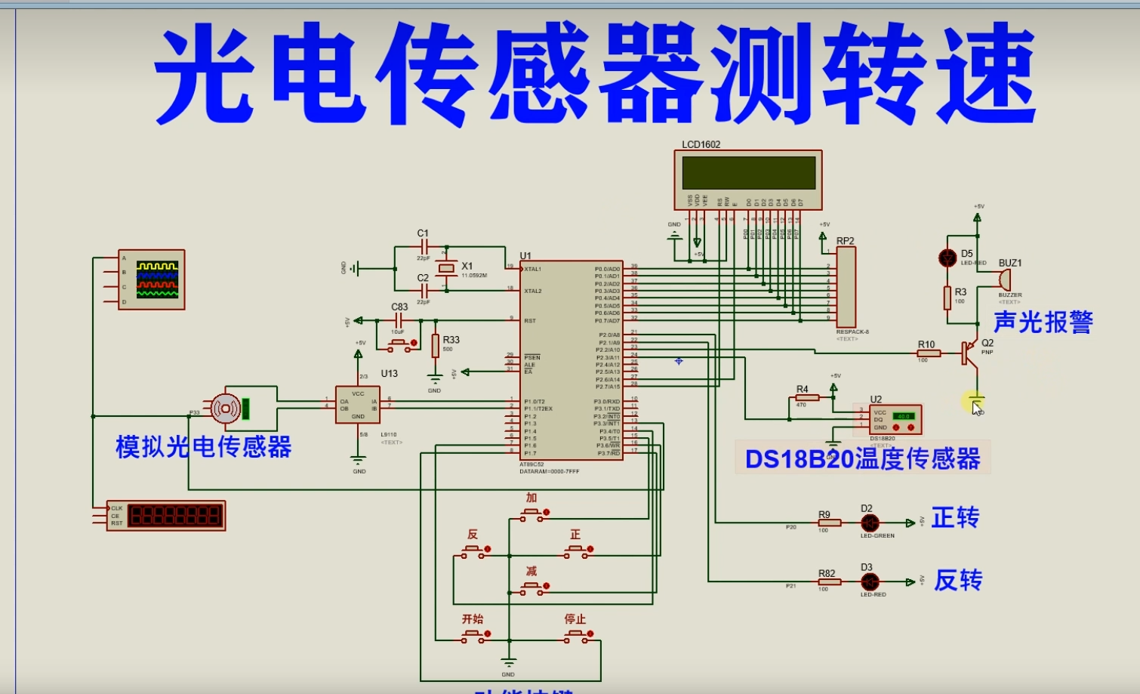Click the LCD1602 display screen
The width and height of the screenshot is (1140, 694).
[x=748, y=173]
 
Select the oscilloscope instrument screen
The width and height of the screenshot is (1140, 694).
[x=157, y=279]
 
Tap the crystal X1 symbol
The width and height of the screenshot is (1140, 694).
[x=447, y=268]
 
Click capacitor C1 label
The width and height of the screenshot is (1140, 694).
[x=423, y=233]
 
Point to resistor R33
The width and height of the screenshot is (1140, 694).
[x=436, y=346]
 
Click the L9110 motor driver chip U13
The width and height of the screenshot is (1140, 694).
[x=358, y=405]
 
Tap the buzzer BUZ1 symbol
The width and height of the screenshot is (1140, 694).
[x=1004, y=279]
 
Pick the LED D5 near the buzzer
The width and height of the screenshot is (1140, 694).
[x=947, y=258]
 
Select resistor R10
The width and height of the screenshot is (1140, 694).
[x=928, y=353]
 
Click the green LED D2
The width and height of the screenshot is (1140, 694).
[x=870, y=523]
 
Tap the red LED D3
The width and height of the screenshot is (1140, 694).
[x=870, y=581]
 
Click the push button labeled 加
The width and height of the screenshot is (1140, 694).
[x=532, y=514]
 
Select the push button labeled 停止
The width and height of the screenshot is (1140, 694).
[x=577, y=638]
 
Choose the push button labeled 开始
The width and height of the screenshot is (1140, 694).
[x=473, y=638]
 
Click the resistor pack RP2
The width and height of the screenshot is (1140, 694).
[x=846, y=287]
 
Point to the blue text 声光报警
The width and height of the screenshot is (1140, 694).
[x=1043, y=322]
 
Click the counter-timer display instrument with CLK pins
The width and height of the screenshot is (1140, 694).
[x=166, y=515]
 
